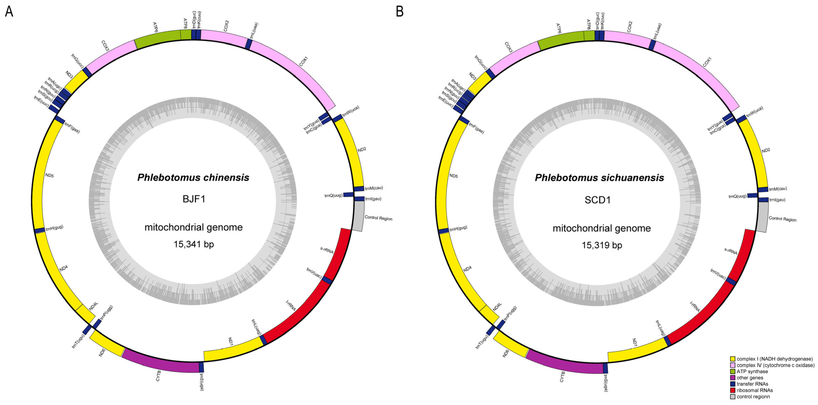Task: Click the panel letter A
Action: (9, 12)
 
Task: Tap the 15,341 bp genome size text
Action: (194, 244)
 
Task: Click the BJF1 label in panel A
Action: (194, 199)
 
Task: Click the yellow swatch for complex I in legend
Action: (733, 359)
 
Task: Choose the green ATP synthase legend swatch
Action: (733, 371)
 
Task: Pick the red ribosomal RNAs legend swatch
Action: (733, 390)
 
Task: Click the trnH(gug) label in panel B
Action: (458, 228)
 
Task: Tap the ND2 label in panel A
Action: (362, 149)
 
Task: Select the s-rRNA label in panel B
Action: (731, 251)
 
